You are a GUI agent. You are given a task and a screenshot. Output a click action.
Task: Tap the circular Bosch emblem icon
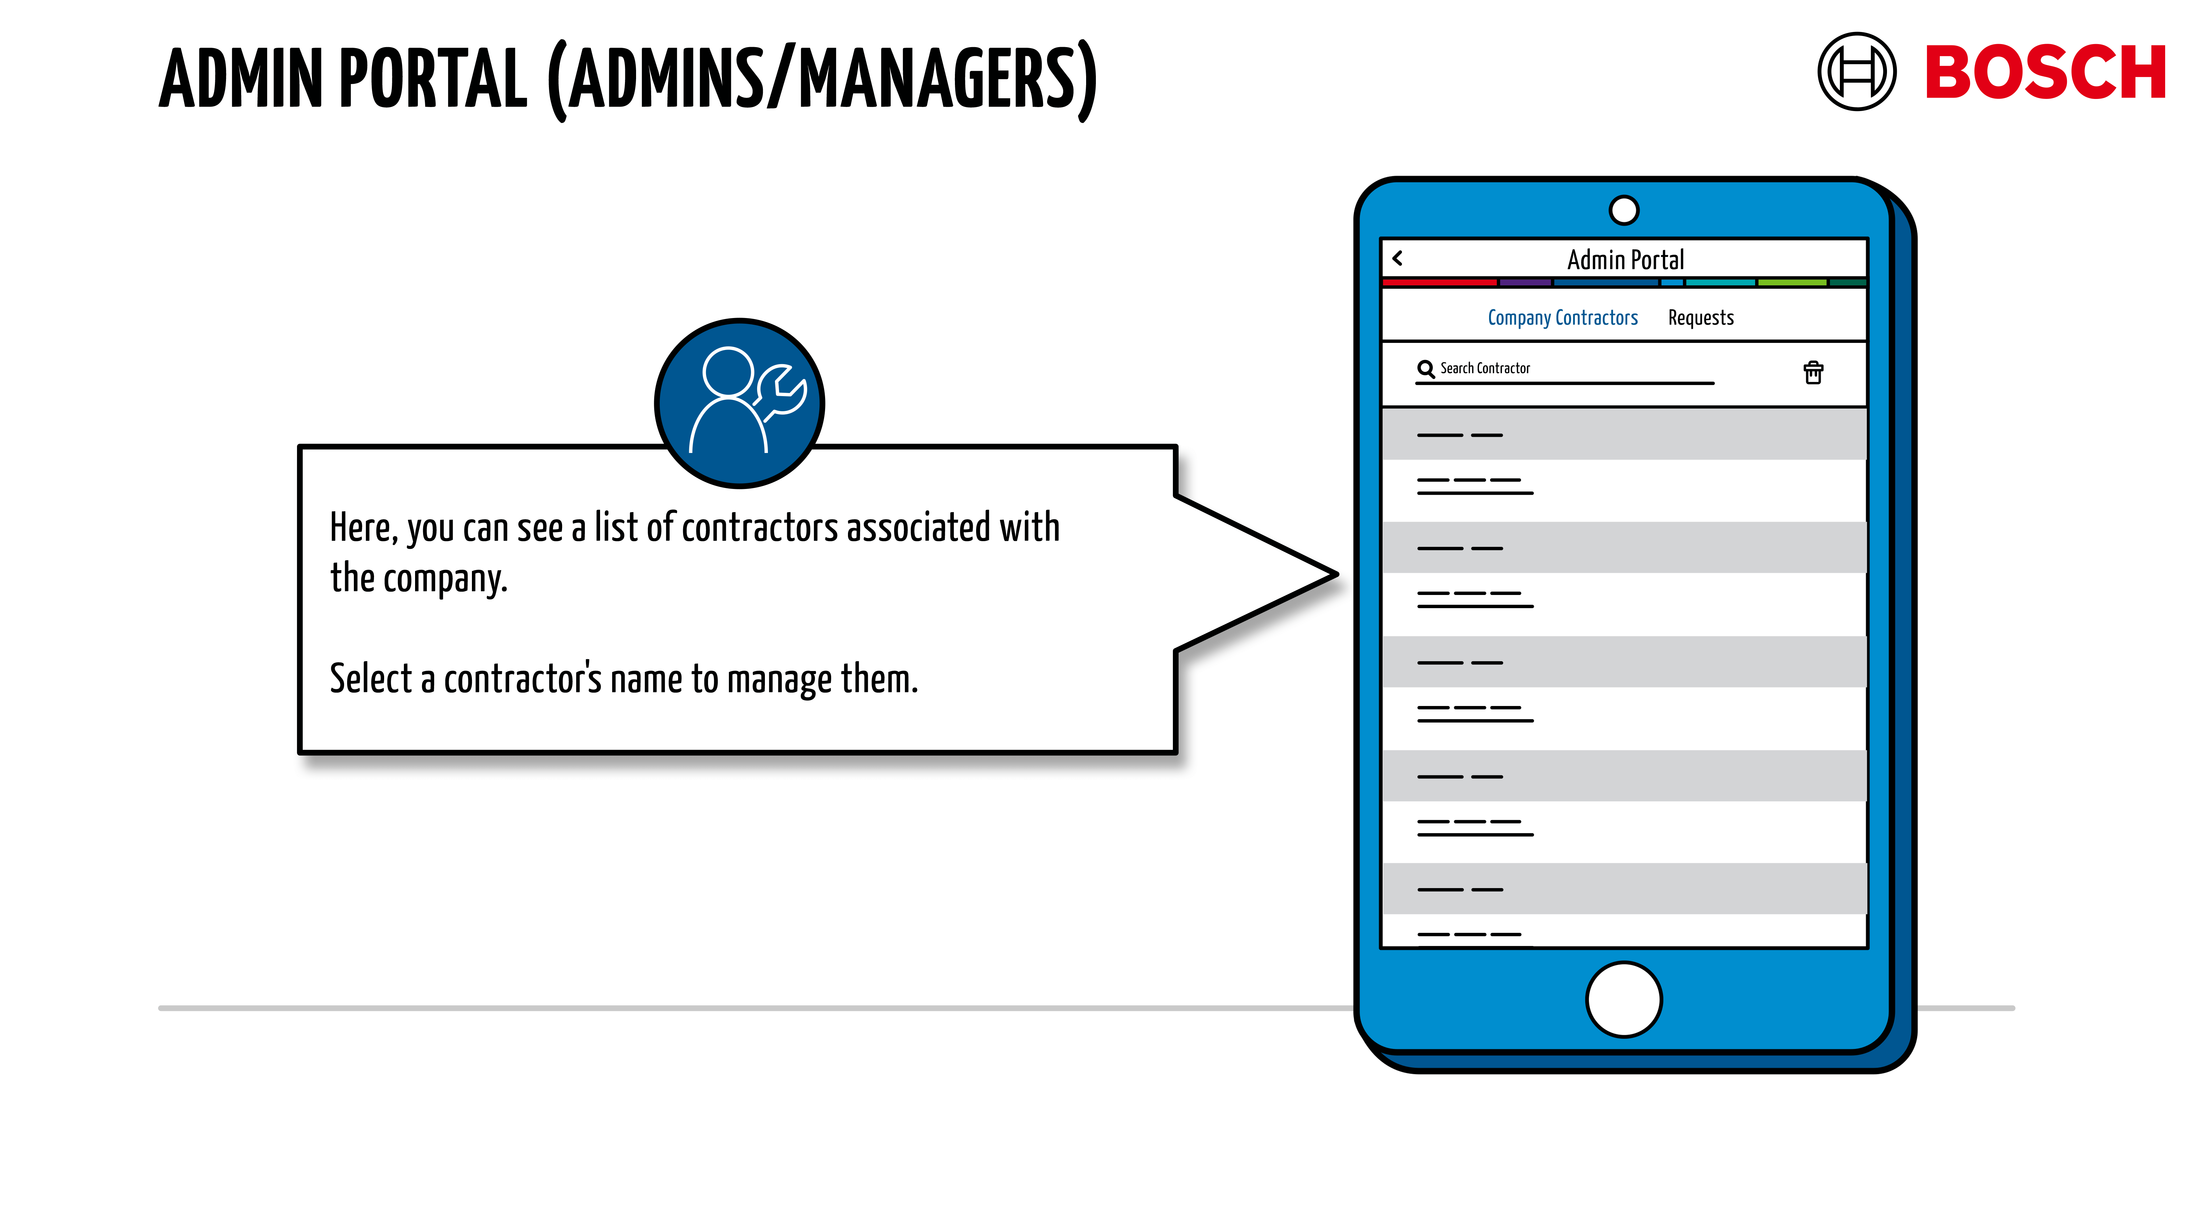1856,72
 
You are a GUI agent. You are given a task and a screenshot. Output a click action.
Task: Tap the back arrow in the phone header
1398,258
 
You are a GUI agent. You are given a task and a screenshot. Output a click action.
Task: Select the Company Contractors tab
1562,318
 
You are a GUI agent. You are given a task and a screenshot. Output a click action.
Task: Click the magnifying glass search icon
1425,369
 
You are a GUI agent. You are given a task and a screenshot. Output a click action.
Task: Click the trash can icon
1813,373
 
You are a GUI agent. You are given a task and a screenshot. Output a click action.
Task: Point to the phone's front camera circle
1624,210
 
